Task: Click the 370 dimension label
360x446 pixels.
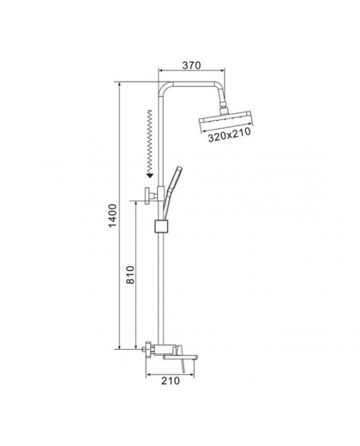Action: (192, 65)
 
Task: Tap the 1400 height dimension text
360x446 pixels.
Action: (113, 216)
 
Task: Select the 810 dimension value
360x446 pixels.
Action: (130, 275)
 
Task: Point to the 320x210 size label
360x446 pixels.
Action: (230, 135)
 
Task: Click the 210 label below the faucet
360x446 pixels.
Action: (171, 381)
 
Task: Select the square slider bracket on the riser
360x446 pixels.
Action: (161, 226)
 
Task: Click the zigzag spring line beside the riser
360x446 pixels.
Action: (149, 140)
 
